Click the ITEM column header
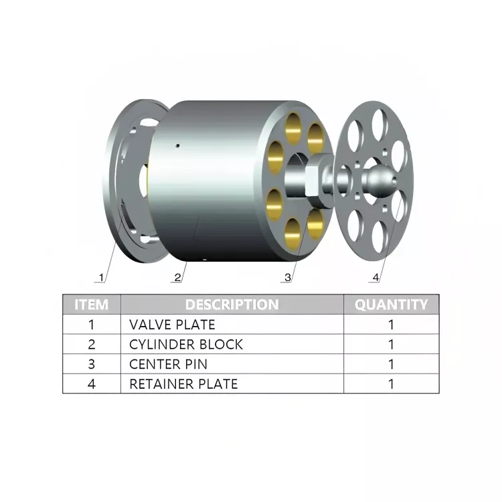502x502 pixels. click(92, 305)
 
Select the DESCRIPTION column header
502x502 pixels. click(232, 305)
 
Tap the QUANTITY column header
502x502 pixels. click(391, 305)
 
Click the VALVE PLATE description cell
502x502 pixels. click(172, 325)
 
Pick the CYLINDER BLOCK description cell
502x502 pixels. click(186, 345)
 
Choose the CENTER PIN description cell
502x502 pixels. click(168, 364)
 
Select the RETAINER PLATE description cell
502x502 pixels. click(183, 384)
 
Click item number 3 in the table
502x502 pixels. click(92, 364)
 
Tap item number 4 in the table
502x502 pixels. click(92, 384)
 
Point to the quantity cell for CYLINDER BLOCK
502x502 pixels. click(391, 345)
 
